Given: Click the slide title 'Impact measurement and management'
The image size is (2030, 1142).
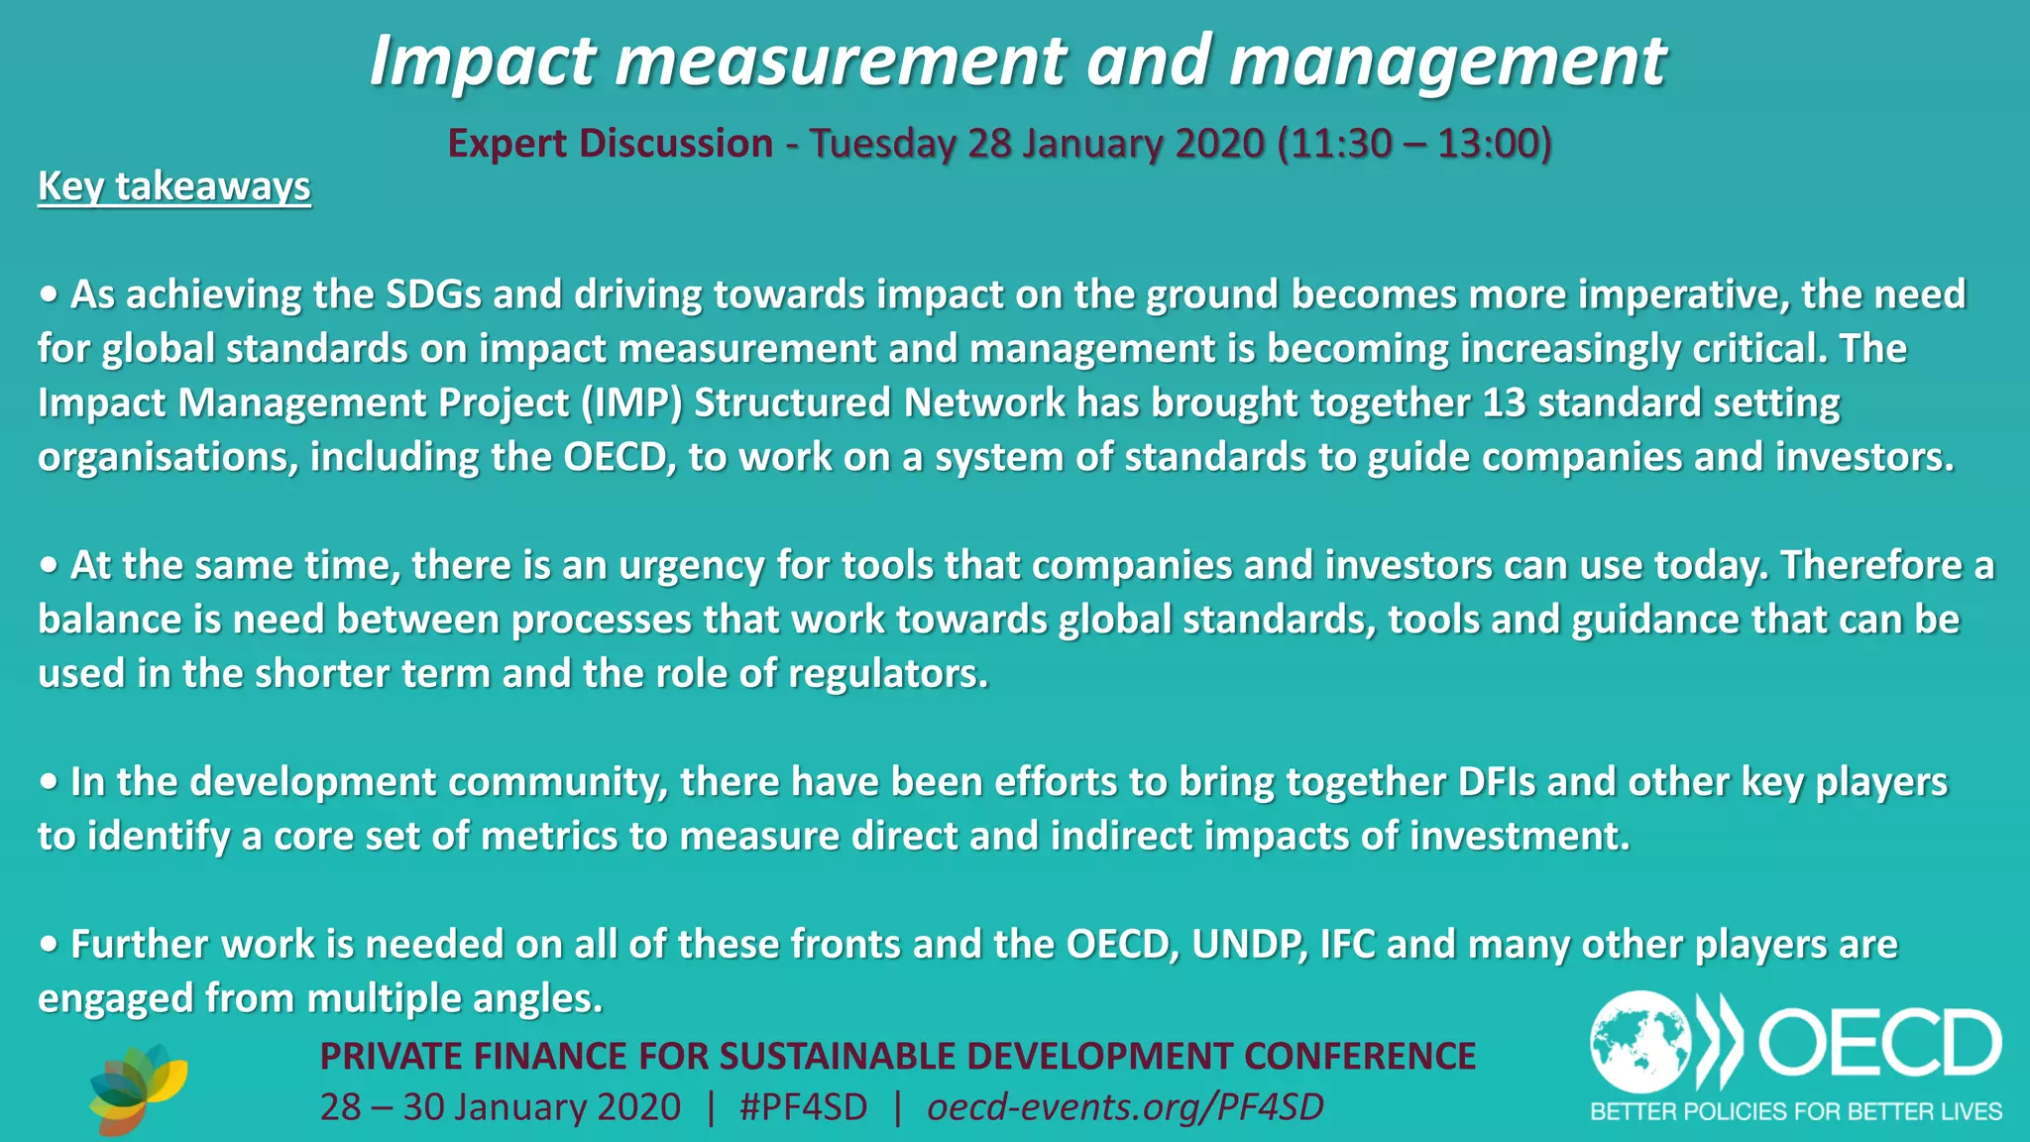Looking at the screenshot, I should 1018,61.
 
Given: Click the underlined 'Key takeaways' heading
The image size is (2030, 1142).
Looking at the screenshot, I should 174,186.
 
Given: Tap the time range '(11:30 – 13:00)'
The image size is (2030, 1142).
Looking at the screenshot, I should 1414,144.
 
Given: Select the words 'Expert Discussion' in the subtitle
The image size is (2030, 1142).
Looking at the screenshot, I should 610,144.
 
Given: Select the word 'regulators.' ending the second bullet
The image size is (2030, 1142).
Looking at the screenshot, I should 888,674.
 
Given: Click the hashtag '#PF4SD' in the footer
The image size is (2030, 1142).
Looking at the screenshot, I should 803,1107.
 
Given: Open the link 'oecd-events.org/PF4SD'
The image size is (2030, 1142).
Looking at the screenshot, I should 1125,1107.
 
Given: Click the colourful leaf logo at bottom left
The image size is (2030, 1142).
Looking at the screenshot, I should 138,1088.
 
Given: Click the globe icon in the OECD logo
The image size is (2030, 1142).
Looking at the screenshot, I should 1640,1043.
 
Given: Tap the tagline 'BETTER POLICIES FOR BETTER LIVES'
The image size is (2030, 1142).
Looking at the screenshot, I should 1796,1111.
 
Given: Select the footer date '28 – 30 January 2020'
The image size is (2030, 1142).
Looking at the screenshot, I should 501,1107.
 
